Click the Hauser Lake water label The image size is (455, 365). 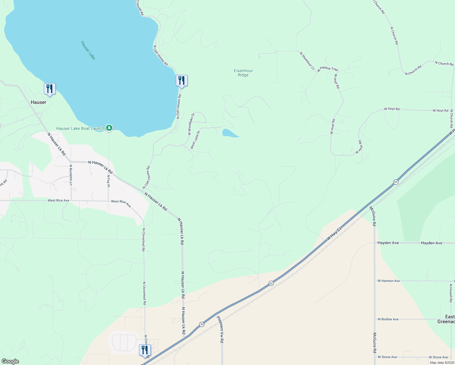tap(88, 50)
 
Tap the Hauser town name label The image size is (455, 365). tap(39, 102)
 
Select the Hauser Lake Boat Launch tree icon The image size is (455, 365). tap(109, 128)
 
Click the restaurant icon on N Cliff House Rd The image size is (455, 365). tap(182, 81)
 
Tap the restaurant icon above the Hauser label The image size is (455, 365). tap(50, 89)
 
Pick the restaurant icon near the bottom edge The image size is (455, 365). tap(145, 350)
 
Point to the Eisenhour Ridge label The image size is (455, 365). tap(243, 73)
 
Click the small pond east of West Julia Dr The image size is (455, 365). tap(230, 133)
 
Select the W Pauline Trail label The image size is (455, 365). tap(328, 69)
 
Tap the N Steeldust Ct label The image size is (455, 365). tap(307, 61)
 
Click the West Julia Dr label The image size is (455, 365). tap(195, 140)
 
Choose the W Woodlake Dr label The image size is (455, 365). tap(191, 124)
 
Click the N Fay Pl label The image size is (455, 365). tap(108, 181)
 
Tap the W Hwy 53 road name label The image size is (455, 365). tap(334, 234)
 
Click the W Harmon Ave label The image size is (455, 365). tap(389, 281)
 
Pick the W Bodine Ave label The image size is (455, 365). tap(388, 319)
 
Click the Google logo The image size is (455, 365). tap(10, 361)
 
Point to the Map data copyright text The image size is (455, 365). tap(442, 363)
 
